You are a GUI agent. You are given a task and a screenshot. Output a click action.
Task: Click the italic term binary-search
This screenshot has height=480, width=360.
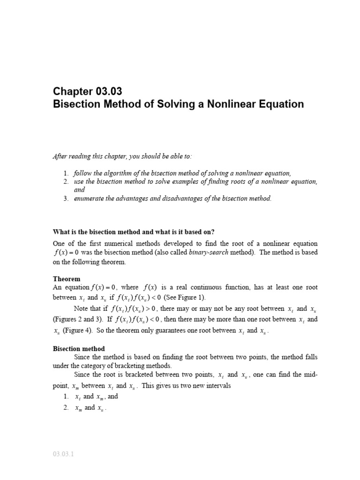pyautogui.click(x=210, y=252)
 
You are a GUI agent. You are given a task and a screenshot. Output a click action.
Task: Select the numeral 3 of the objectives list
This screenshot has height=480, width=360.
pyautogui.click(x=66, y=198)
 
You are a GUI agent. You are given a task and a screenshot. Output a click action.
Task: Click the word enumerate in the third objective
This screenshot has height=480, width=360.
pyautogui.click(x=90, y=198)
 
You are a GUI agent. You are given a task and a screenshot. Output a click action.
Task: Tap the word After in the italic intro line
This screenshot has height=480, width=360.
pyautogui.click(x=59, y=156)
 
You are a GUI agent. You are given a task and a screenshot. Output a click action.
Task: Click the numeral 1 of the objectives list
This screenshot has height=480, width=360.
pyautogui.click(x=66, y=173)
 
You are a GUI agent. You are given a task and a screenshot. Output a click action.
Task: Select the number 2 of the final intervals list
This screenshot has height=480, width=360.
pyautogui.click(x=66, y=408)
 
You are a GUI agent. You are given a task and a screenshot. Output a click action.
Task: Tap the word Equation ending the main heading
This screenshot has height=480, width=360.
pyautogui.click(x=283, y=104)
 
